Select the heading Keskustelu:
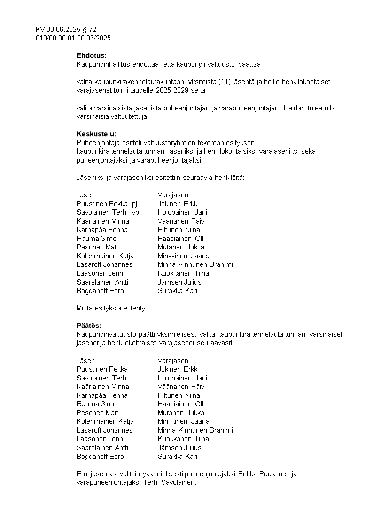pos(96,134)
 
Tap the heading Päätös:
pos(89,325)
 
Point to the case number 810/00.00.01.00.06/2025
pos(73,38)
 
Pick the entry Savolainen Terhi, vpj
pos(109,212)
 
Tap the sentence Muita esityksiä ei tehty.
pos(112,308)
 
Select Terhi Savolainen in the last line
pos(169,482)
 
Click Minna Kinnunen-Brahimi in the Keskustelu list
pos(195,264)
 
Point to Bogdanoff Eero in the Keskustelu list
pos(100,291)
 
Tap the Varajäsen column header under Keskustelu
pos(173,195)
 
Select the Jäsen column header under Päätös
pos(85,361)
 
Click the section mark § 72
pos(89,30)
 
